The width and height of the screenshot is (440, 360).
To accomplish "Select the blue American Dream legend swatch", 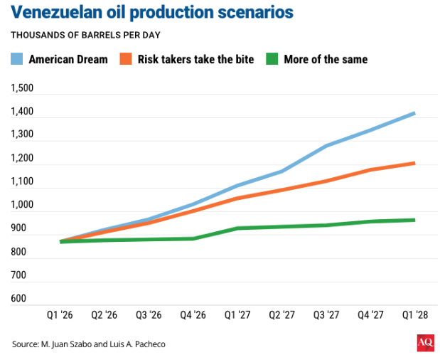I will [x=17, y=59].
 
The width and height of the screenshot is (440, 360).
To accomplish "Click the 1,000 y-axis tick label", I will [x=22, y=205].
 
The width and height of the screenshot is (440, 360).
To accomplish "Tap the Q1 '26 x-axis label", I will [x=62, y=314].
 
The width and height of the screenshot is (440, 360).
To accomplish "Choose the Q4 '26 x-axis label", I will [x=193, y=314].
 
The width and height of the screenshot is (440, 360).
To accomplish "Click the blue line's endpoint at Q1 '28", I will [x=414, y=113].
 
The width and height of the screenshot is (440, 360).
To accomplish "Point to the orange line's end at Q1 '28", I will [x=414, y=164].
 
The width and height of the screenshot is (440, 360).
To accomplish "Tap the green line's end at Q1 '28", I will [x=414, y=220].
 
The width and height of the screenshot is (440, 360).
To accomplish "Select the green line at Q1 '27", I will [x=237, y=228].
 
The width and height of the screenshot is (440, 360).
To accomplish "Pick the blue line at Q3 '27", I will [x=326, y=146].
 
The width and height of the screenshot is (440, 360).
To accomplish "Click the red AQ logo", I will [x=425, y=344].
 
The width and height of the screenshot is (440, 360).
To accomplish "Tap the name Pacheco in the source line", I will [x=149, y=344].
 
